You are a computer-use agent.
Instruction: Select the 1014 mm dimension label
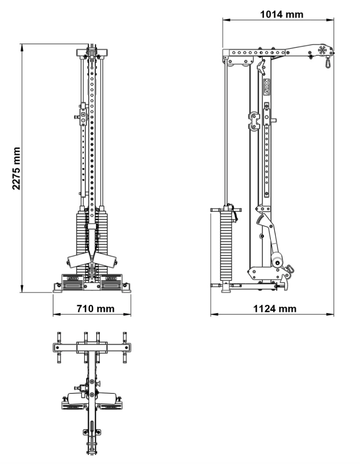click(281, 15)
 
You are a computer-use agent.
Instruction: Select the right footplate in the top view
click(112, 405)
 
